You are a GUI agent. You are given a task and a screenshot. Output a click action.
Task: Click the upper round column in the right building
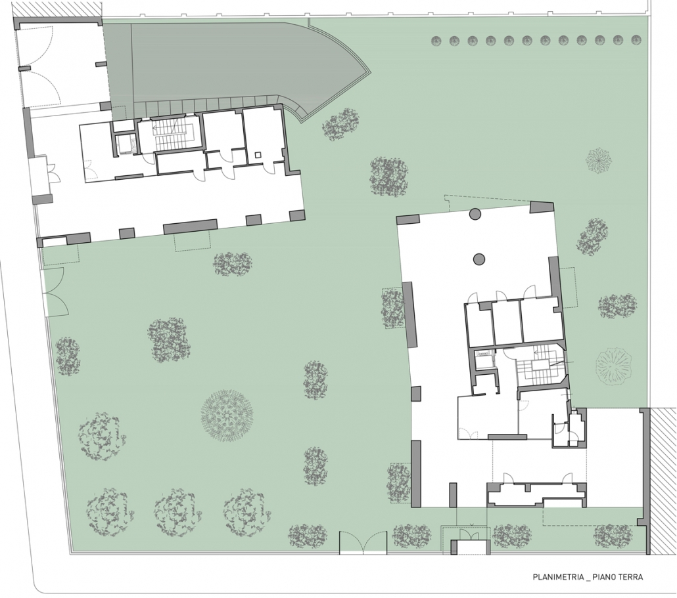tap(475, 213)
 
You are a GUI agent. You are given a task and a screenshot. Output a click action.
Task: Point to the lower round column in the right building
tap(479, 259)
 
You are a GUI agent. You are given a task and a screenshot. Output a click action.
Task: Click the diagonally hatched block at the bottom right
tap(663, 481)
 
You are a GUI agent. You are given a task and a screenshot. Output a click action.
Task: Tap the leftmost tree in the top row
tap(436, 41)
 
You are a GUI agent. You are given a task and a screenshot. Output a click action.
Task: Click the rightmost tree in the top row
tap(636, 41)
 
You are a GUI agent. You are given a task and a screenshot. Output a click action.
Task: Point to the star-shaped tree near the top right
tap(599, 161)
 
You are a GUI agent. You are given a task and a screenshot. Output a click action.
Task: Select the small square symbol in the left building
tap(258, 155)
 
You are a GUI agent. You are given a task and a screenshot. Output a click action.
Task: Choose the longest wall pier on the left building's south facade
tap(190, 226)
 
